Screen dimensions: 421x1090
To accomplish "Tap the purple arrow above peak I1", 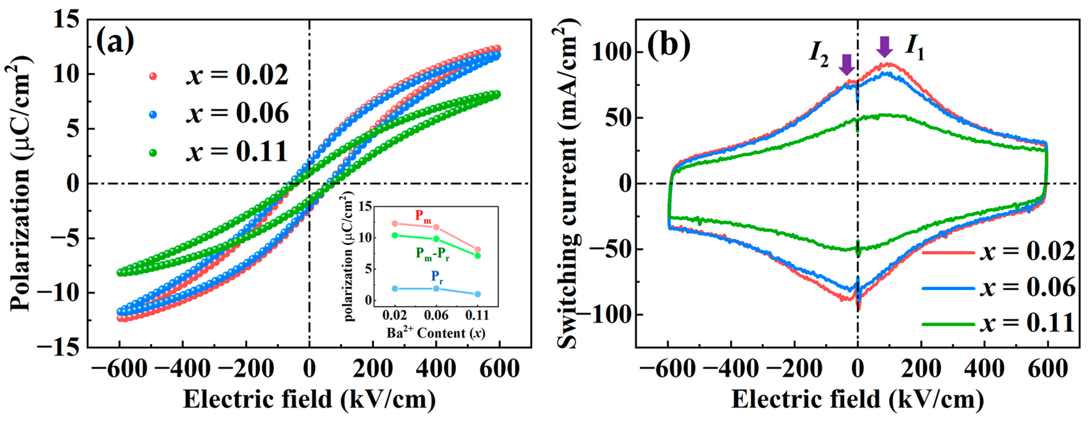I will [884, 47].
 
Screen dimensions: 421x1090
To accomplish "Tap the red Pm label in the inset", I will [423, 216].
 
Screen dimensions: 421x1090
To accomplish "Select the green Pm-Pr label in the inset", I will [432, 254].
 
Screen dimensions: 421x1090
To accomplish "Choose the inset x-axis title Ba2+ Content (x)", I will [436, 333].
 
